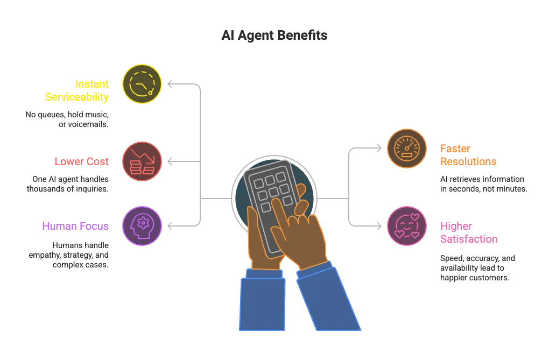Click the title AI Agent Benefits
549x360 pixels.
274,36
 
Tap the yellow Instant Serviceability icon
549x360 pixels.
142,84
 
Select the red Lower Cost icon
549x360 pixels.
142,161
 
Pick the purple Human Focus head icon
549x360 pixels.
142,226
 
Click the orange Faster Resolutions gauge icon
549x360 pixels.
407,148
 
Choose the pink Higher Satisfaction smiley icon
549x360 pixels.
407,226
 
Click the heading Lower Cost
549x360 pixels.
81,161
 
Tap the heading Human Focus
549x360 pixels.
75,226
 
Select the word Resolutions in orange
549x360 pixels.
468,161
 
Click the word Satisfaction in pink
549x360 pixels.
468,239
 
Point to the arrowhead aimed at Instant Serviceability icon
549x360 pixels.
170,84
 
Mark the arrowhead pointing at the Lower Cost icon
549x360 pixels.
170,161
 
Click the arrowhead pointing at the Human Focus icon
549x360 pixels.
170,225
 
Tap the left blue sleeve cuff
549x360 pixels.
264,274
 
